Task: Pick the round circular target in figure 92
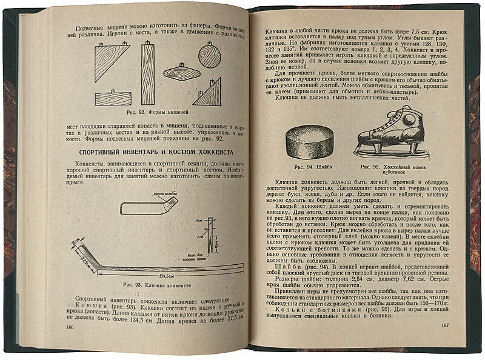coord(209,56)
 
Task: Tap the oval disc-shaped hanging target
coord(181,72)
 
